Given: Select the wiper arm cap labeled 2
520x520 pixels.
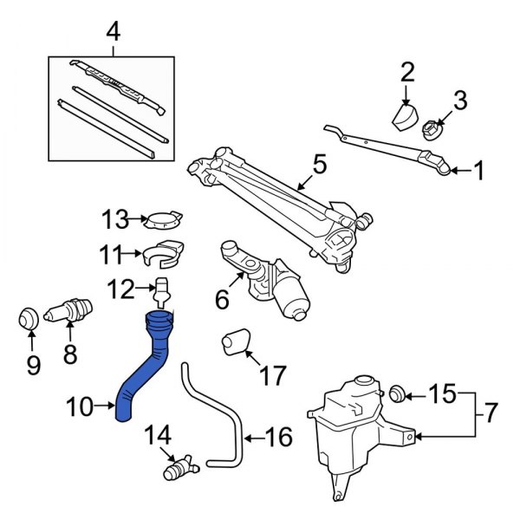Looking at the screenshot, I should (404, 116).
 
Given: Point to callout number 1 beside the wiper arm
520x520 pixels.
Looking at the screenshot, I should (476, 172).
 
